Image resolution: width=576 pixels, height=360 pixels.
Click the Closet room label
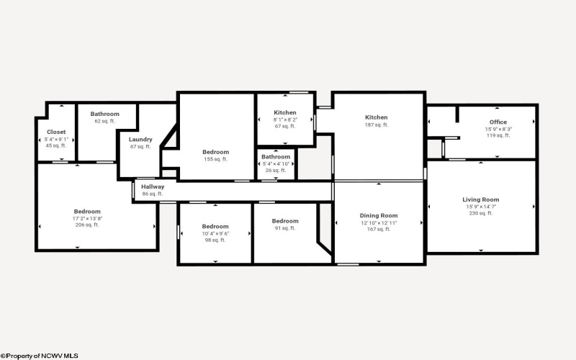point(56,132)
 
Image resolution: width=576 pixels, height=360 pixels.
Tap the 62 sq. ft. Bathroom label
point(104,114)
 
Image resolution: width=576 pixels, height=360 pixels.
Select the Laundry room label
point(140,139)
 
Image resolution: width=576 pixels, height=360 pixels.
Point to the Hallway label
point(153,186)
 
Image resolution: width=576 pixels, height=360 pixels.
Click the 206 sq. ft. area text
point(87,225)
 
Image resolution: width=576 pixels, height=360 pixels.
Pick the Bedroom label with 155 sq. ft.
point(215,152)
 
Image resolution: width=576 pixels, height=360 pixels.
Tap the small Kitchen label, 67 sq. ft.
point(285,113)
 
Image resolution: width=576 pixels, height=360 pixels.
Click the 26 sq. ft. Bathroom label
point(276,157)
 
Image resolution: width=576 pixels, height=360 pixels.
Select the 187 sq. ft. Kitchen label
point(376,117)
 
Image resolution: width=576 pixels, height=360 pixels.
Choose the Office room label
point(498,122)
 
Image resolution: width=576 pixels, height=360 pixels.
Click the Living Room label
point(480,199)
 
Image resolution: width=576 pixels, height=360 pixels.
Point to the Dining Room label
point(379,215)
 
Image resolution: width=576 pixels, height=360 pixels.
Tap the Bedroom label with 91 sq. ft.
point(285,221)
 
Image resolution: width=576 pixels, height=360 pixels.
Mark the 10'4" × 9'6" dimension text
point(215,233)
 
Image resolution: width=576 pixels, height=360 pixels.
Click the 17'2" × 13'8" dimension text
point(87,218)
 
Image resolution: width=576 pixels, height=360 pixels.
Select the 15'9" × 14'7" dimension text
point(480,207)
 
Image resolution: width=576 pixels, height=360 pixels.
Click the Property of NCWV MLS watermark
point(40,356)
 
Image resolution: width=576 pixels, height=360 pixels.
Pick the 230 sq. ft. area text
point(480,213)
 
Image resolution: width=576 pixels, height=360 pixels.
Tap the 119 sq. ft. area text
point(498,135)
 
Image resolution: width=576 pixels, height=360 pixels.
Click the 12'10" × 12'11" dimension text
point(379,222)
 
